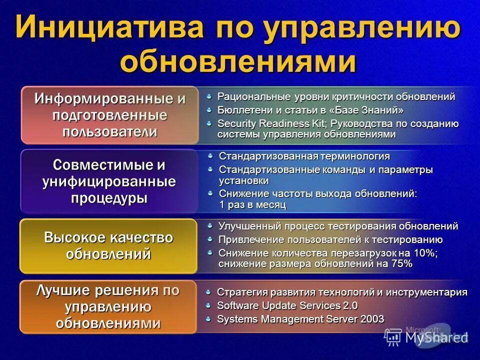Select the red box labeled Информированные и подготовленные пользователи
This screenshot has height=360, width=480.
click(109, 115)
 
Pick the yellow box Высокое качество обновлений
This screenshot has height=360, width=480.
click(108, 245)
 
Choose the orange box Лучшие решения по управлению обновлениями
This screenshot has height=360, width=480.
click(108, 307)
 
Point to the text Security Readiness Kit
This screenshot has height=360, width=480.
click(262, 123)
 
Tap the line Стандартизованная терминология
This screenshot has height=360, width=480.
click(304, 156)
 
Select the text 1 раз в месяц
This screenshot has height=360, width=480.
click(252, 205)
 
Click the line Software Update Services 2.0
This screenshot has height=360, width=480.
click(287, 305)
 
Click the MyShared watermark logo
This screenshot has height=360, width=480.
click(427, 336)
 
